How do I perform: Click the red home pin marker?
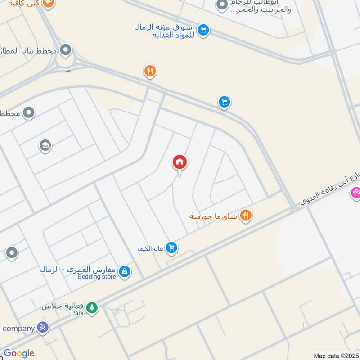point(180,162)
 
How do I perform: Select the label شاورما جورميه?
point(213,216)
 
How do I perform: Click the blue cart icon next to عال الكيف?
point(171,247)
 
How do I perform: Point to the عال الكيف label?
point(150,248)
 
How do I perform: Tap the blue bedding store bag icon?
point(125,271)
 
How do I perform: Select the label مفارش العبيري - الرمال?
point(78,270)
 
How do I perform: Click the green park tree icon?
point(92,307)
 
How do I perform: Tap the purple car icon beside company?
point(43,328)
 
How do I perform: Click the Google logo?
point(19,353)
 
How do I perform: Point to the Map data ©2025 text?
point(335,355)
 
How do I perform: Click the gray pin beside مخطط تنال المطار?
point(66,50)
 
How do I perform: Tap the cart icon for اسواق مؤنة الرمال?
point(203,30)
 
